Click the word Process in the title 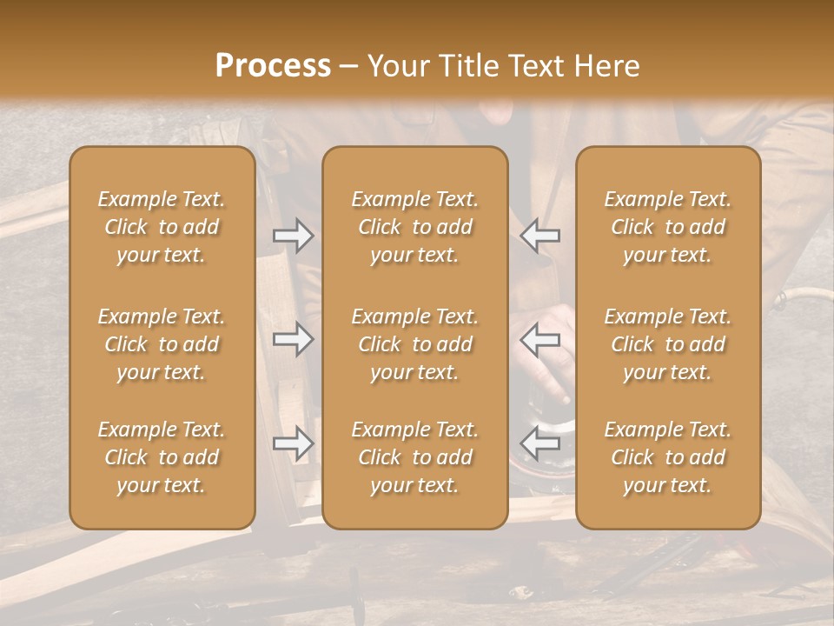coord(273,66)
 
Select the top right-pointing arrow coord(293,236)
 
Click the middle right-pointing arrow coord(293,339)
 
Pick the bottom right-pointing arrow coord(293,443)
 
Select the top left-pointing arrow coord(539,236)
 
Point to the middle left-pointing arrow coord(539,339)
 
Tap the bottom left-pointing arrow coord(539,443)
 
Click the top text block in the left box coord(162,227)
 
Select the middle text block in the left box coord(162,344)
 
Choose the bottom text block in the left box coord(162,457)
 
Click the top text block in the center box coord(415,227)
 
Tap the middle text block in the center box coord(415,344)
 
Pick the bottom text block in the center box coord(415,457)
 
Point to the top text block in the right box coord(668,227)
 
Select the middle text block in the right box coord(668,344)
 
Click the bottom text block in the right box coord(668,457)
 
